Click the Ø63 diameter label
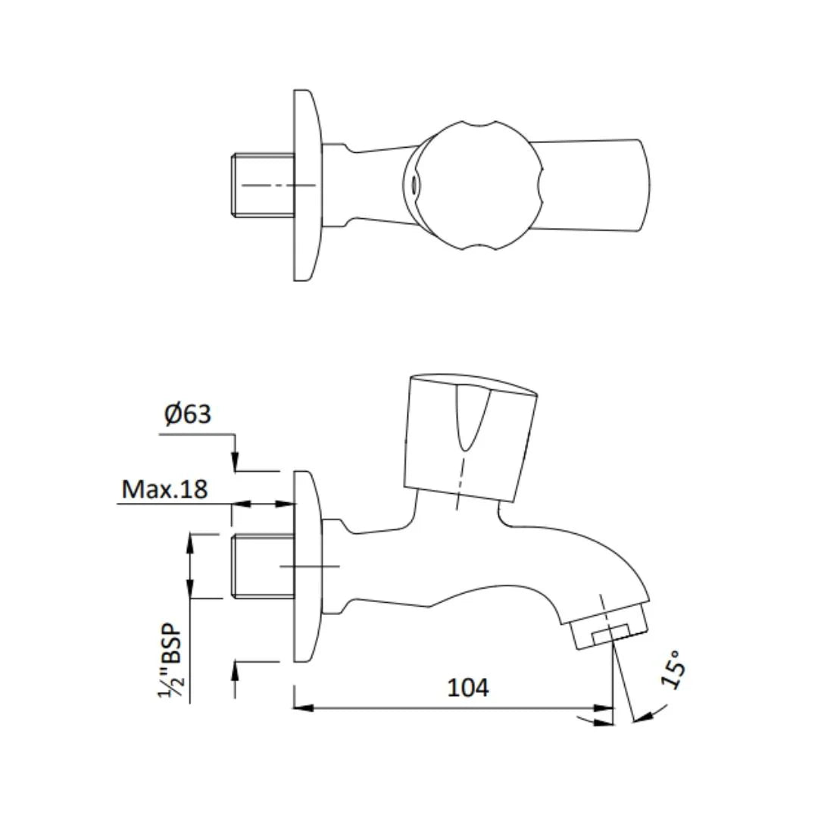tap(188, 414)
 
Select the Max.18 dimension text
tap(164, 489)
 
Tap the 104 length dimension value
tap(468, 688)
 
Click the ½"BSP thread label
tap(172, 660)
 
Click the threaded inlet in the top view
tap(262, 185)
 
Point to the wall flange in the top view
tap(306, 185)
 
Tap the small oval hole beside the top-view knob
tap(414, 184)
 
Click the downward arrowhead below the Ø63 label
tap(236, 461)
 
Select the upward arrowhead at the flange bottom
tap(236, 671)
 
